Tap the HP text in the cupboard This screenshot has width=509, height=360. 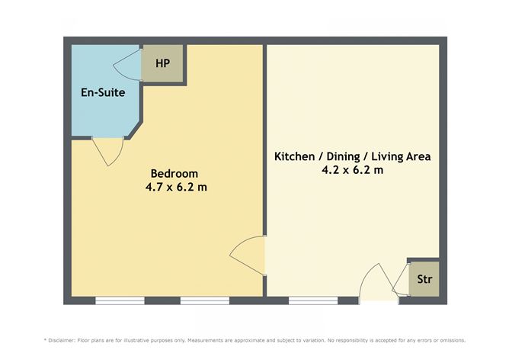pos(162,63)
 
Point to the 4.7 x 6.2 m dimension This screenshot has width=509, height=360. pos(176,186)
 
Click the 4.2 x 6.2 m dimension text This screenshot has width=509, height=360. pos(352,170)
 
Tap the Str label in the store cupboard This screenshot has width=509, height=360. pos(423,279)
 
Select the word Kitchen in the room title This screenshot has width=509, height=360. pos(295,156)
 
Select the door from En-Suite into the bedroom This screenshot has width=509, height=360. pos(107,151)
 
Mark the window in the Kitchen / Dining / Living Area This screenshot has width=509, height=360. pos(313,301)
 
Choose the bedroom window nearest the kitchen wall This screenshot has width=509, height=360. pos(204,301)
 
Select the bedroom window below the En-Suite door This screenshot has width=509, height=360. pos(120,301)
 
